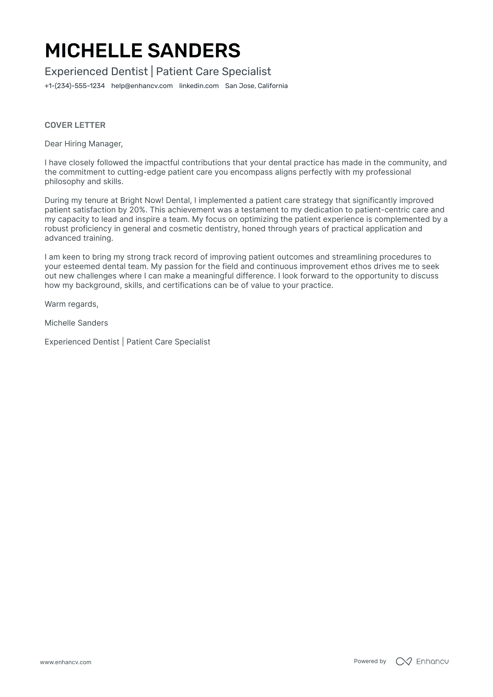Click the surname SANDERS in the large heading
click(x=194, y=51)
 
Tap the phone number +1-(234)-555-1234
click(x=75, y=86)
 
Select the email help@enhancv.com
click(x=142, y=86)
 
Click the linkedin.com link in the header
click(x=199, y=86)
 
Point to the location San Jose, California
click(x=256, y=86)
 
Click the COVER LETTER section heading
click(x=75, y=125)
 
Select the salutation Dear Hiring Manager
click(x=84, y=144)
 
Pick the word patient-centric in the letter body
click(x=381, y=210)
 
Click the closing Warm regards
click(x=71, y=304)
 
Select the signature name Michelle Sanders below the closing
click(x=76, y=323)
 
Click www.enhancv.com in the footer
click(x=66, y=662)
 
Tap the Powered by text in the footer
click(x=370, y=661)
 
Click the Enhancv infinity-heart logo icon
click(x=403, y=661)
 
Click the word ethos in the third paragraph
click(x=359, y=267)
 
